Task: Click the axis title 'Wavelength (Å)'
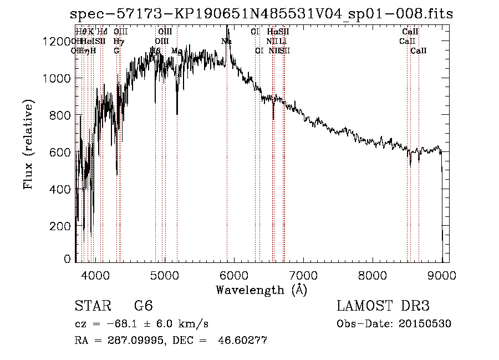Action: [261, 290]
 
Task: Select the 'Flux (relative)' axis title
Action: [28, 144]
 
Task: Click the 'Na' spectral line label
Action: [226, 42]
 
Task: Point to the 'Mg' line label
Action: [177, 51]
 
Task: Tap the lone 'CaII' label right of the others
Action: [419, 51]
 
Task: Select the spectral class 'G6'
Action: [143, 306]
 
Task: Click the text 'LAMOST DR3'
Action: [383, 306]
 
